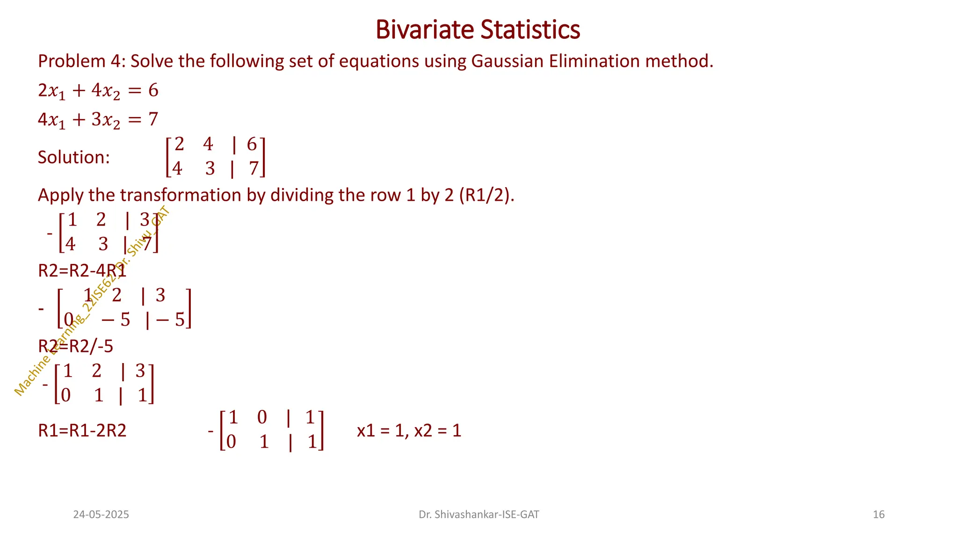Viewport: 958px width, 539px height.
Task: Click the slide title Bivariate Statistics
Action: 478,29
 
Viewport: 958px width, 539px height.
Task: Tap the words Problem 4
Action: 80,61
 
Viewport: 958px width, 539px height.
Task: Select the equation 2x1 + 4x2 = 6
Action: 98,90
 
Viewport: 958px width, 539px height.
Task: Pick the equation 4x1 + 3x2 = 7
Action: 98,120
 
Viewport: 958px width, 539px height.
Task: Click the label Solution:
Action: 74,157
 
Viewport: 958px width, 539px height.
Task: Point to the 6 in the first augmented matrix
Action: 252,145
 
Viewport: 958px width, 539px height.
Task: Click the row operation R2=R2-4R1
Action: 82,271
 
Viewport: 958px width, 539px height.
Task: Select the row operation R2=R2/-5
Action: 76,347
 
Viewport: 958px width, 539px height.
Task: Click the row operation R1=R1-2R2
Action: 82,430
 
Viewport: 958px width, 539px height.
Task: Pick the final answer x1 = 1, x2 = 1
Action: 409,430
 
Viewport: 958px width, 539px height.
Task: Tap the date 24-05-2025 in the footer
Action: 101,515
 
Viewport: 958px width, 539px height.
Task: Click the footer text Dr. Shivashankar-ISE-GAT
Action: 479,515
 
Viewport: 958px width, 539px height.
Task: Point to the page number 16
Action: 878,515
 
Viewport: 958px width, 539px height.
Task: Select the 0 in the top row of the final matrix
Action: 262,417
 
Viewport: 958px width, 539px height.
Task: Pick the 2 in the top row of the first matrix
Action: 179,145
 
